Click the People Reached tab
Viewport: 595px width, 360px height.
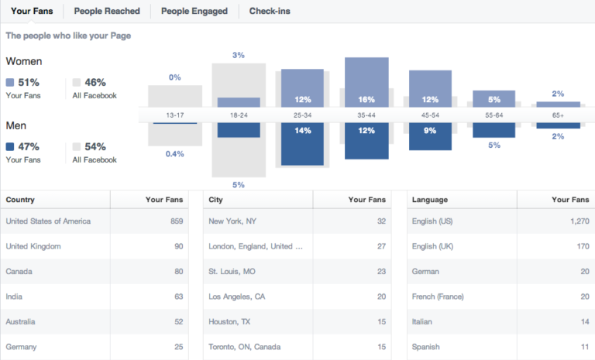pyautogui.click(x=107, y=11)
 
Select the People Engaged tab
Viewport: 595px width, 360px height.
pyautogui.click(x=194, y=11)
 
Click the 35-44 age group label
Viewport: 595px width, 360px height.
pyautogui.click(x=366, y=115)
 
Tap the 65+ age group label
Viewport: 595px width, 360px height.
pyautogui.click(x=558, y=115)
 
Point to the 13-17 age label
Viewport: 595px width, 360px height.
pyautogui.click(x=175, y=115)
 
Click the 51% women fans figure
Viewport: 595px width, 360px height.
pyautogui.click(x=29, y=82)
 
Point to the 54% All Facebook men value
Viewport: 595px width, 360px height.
pyautogui.click(x=95, y=146)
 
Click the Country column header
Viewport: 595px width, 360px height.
pyautogui.click(x=20, y=200)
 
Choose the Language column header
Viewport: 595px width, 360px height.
pyautogui.click(x=430, y=200)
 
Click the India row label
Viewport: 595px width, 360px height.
pyautogui.click(x=15, y=296)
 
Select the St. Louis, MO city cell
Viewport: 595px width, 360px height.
pyautogui.click(x=232, y=272)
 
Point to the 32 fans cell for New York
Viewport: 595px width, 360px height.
pyautogui.click(x=381, y=221)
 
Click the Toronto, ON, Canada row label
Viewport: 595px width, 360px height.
pyautogui.click(x=245, y=346)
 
